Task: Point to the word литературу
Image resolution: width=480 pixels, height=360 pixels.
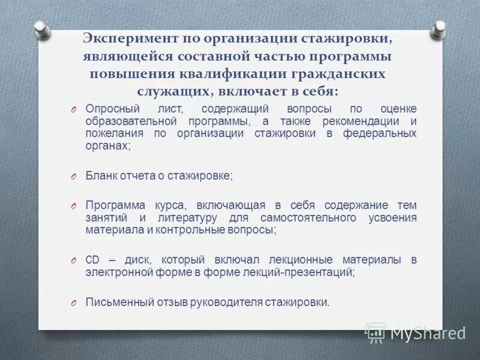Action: pos(186,217)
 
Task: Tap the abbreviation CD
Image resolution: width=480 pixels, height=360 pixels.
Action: pos(92,260)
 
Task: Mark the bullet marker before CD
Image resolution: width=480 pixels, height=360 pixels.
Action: pos(71,260)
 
